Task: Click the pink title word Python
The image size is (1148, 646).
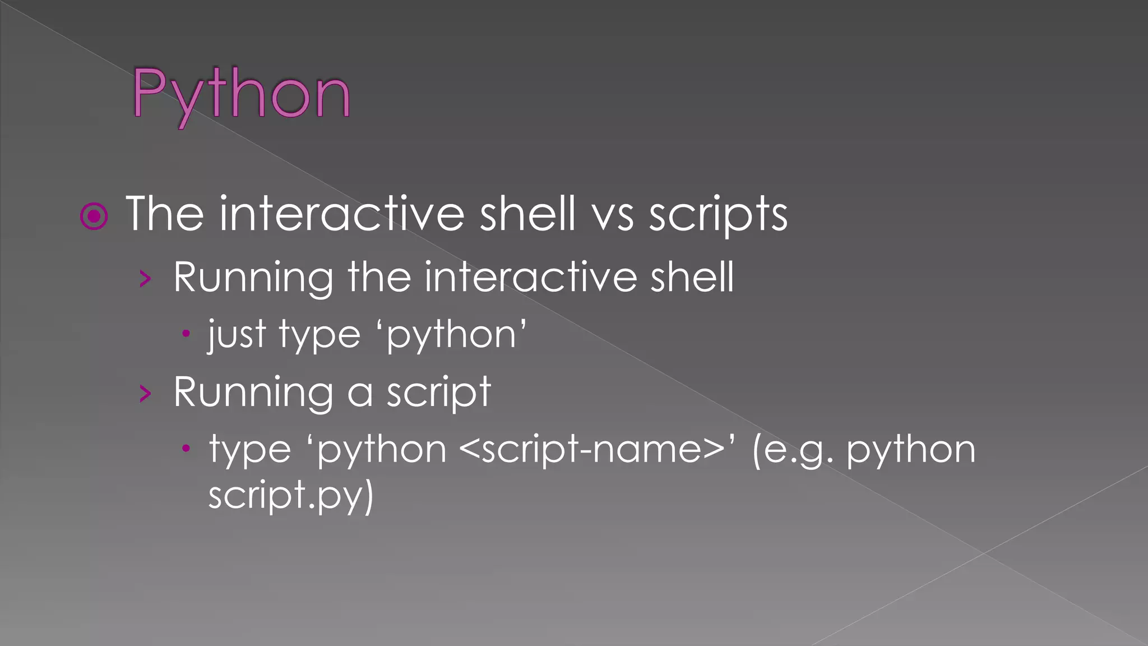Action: (x=242, y=94)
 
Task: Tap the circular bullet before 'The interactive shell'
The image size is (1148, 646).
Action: (x=94, y=216)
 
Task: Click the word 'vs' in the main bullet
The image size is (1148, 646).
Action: (x=613, y=214)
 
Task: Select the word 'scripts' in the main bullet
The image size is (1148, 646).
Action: (x=718, y=215)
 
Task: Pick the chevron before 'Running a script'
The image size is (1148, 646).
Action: (x=146, y=394)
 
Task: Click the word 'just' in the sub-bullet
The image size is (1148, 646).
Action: (x=236, y=335)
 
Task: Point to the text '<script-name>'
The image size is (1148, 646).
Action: (x=591, y=450)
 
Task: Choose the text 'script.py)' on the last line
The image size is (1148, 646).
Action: (x=290, y=495)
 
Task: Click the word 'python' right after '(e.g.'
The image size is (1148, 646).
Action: (x=911, y=451)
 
